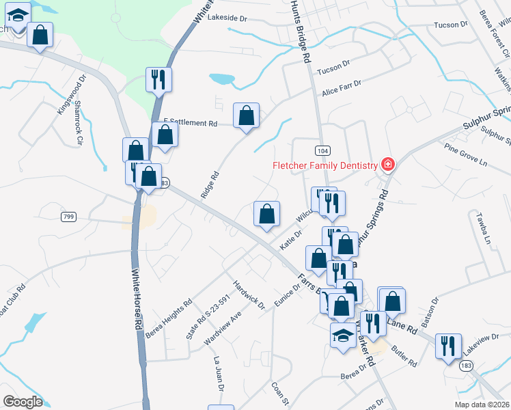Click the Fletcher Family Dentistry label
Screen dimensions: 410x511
[325, 165]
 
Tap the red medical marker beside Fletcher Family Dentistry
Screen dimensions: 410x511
[388, 165]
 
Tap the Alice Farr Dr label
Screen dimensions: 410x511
[341, 86]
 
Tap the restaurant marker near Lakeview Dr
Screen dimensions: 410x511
[448, 344]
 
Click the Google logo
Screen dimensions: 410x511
[23, 402]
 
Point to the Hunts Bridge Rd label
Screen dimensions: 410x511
[299, 31]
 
